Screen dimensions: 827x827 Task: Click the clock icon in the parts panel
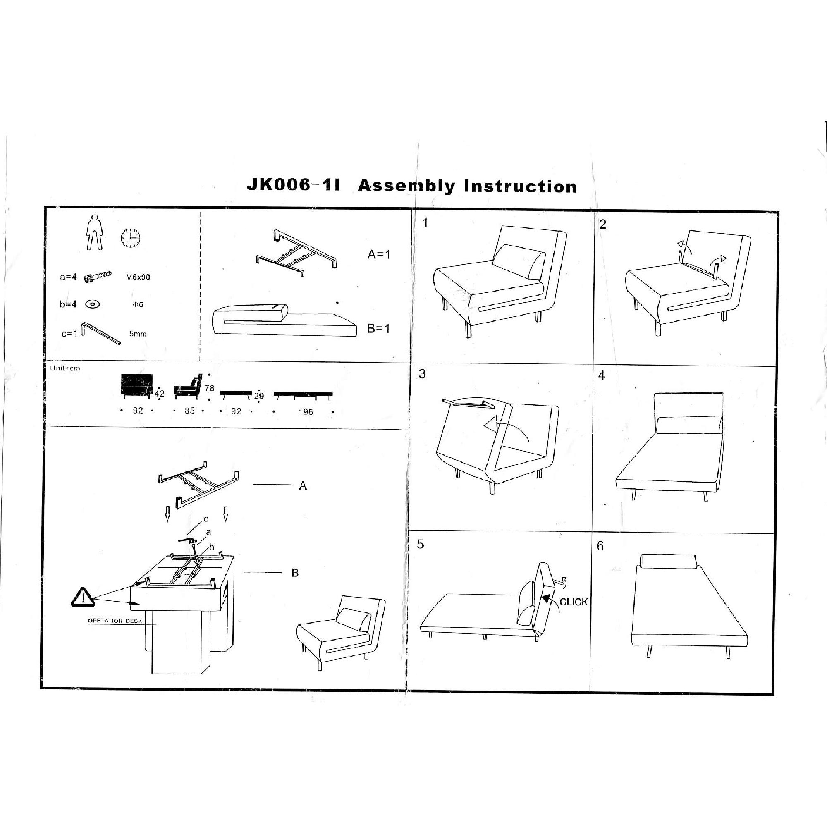tap(131, 238)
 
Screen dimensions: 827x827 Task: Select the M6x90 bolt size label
tap(138, 277)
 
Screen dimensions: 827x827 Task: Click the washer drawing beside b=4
tap(93, 304)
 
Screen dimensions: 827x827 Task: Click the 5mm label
tap(138, 334)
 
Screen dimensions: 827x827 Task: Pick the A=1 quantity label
tap(379, 255)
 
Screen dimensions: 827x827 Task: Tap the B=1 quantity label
tap(378, 329)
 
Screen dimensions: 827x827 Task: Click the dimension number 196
tap(306, 412)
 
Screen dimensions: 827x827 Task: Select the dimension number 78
tap(209, 388)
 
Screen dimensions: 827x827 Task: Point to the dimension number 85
tap(190, 411)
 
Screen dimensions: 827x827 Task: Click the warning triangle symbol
tap(83, 597)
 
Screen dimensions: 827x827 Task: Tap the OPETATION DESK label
tap(115, 621)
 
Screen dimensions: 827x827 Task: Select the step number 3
tap(422, 374)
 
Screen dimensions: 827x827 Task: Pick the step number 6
tap(600, 546)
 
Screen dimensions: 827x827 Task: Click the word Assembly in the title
tap(406, 186)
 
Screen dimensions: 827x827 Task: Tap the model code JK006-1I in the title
tap(294, 185)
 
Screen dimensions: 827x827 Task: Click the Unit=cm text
tap(65, 368)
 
